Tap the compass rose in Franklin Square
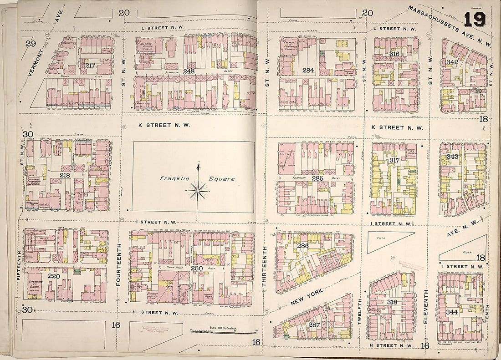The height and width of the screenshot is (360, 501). pos(198,190)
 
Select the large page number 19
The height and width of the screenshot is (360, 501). pos(475,20)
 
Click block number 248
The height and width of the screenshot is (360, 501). pos(189,71)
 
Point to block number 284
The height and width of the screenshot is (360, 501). pos(308,71)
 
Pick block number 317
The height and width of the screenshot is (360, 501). pos(394,161)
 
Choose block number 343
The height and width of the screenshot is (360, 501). pos(452,157)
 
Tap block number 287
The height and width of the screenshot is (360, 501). pos(314,325)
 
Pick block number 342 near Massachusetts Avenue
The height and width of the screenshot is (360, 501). pos(452,62)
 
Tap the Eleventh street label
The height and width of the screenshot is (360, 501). pos(426,307)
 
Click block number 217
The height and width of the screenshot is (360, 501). pos(90,66)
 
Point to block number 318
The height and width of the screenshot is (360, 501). pos(392,302)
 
